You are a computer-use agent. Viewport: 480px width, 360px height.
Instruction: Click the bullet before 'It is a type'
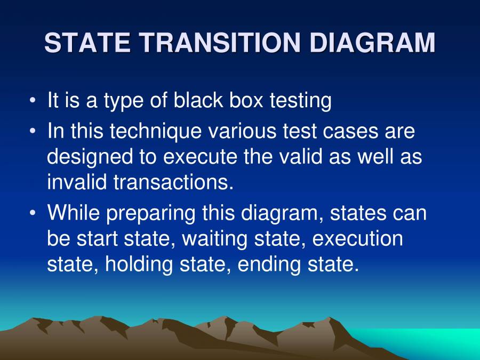33,100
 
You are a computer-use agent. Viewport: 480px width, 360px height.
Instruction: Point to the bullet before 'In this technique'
33,131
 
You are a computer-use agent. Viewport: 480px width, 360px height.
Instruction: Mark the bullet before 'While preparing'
33,212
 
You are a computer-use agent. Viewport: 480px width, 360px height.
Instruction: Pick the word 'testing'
301,101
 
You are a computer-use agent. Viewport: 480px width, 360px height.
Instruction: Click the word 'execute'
200,157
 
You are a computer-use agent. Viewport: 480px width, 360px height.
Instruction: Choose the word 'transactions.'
173,182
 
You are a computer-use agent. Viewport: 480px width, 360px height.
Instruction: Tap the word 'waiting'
214,239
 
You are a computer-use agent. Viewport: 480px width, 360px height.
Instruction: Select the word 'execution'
357,239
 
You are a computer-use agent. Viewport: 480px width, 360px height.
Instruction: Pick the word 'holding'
139,265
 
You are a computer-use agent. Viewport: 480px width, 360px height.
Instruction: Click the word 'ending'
269,265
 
